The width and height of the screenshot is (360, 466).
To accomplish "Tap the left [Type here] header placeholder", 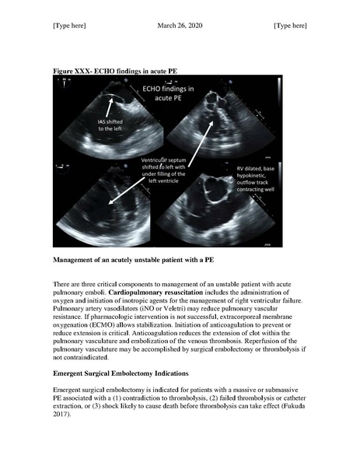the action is pyautogui.click(x=69, y=26).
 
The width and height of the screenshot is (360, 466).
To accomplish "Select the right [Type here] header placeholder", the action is pyautogui.click(x=290, y=26).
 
